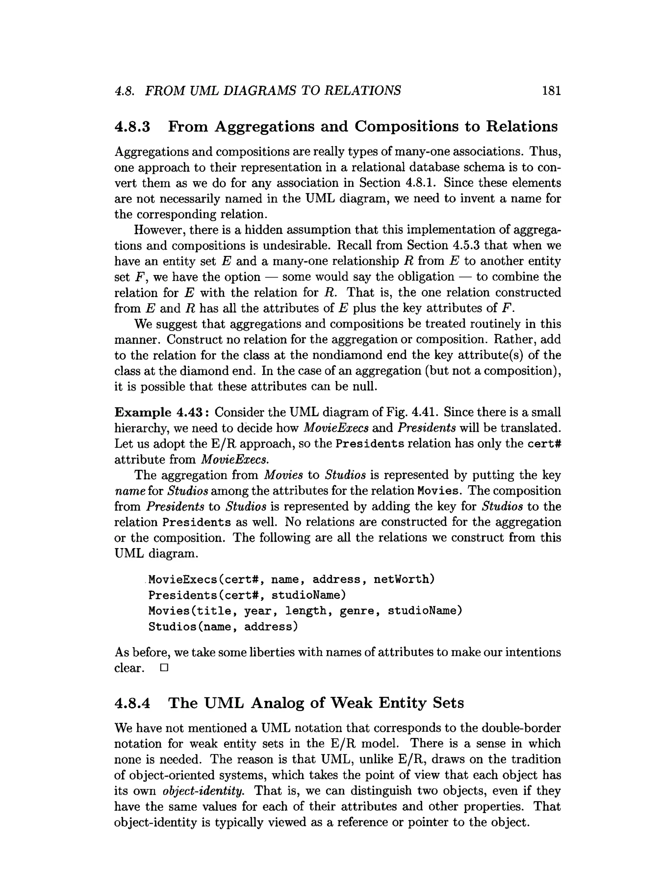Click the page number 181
[x=551, y=91]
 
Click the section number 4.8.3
[x=132, y=127]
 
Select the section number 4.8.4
[x=132, y=703]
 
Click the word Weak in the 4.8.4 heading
[x=351, y=703]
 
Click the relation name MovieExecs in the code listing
[x=182, y=579]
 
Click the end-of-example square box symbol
[x=164, y=668]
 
